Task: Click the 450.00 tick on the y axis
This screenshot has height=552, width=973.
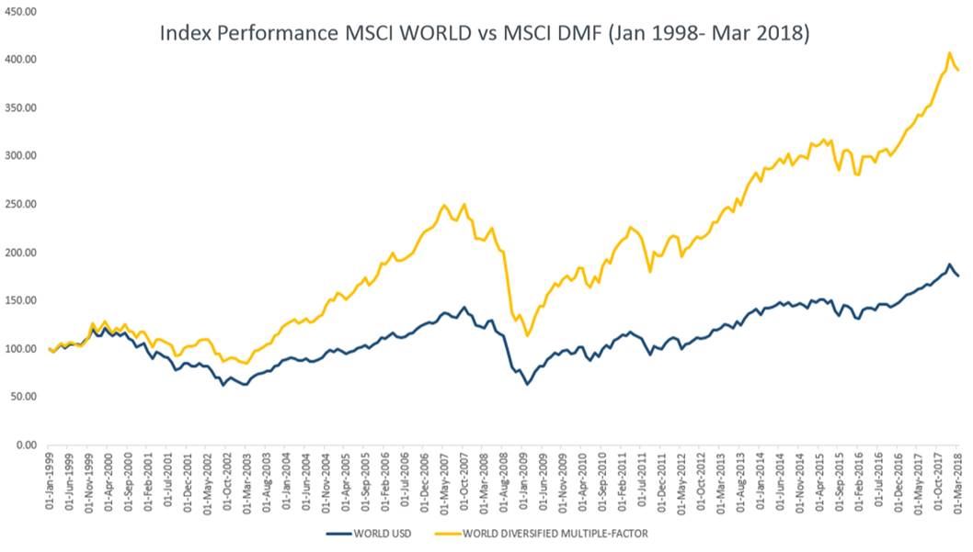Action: pyautogui.click(x=21, y=11)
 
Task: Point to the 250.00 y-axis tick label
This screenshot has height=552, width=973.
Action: pyautogui.click(x=21, y=204)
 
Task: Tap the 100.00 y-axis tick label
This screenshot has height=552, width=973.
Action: pyautogui.click(x=21, y=349)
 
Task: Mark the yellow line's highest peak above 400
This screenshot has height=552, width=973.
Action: pyautogui.click(x=948, y=52)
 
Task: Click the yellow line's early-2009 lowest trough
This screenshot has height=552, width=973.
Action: pyautogui.click(x=527, y=335)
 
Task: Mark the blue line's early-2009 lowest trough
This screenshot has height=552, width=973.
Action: pyautogui.click(x=527, y=383)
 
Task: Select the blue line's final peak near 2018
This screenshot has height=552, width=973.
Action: pyautogui.click(x=948, y=265)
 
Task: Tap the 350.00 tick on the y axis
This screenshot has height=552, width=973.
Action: pyautogui.click(x=21, y=107)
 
